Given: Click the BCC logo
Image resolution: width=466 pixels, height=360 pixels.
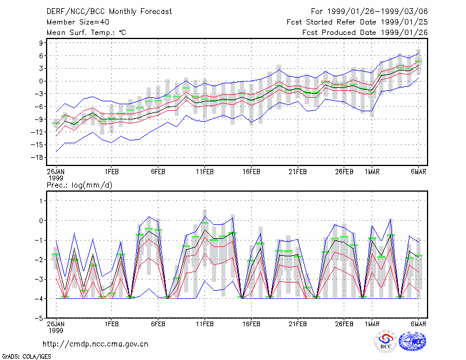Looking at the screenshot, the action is coord(386,342).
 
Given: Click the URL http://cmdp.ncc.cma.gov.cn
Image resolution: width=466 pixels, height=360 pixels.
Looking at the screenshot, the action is coord(96,344).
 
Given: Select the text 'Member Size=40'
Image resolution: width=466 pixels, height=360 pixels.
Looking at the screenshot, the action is coord(78,22).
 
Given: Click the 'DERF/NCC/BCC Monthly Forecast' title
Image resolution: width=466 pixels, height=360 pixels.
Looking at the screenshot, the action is coord(109,12).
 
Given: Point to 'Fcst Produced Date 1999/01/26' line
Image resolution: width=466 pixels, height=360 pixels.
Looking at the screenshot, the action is coord(365,33).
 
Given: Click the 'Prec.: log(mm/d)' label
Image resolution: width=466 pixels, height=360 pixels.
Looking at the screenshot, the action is coord(79,185).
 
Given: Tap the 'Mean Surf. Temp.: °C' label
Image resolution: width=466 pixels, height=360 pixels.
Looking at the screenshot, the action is coord(86,33).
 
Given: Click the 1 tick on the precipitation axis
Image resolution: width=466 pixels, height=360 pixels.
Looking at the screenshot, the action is coord(41,201).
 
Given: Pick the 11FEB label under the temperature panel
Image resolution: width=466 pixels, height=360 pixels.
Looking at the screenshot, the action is coord(204,172).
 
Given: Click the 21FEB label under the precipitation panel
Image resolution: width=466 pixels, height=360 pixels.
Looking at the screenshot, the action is coord(298,324).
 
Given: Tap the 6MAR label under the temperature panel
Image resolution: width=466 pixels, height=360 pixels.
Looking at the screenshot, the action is coord(418,172).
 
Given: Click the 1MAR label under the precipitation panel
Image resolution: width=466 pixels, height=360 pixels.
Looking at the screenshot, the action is coord(372,324).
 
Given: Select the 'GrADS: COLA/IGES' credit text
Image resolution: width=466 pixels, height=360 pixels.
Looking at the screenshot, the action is coord(27,357).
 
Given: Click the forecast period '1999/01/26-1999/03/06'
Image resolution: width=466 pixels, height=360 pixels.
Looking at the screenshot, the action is coord(377,12).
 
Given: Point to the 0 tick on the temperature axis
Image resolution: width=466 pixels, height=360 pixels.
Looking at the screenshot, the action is coord(41,81).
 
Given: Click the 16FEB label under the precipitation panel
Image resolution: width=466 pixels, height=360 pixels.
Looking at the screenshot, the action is coord(251,324).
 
